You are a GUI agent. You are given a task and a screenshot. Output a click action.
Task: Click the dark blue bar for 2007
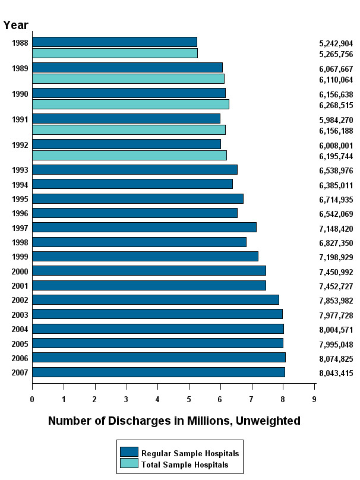(159, 372)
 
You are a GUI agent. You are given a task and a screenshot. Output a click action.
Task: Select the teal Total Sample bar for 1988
(115, 53)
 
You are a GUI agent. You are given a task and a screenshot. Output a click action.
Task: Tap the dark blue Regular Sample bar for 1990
(129, 93)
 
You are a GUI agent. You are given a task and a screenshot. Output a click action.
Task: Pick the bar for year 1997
(144, 227)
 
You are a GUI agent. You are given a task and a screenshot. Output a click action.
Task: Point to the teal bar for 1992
(130, 155)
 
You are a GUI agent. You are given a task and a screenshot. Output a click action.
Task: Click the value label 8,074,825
(336, 358)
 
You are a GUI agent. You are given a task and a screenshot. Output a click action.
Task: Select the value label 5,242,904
(336, 43)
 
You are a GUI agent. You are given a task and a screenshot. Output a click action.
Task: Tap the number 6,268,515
(336, 105)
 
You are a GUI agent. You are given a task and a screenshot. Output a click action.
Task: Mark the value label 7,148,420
(336, 228)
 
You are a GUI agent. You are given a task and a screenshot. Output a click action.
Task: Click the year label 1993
(20, 170)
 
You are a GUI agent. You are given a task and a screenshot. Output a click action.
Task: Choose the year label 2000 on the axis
(20, 271)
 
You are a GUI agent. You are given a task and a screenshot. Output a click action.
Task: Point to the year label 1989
(20, 68)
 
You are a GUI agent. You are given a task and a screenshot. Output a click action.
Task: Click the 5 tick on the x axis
(189, 399)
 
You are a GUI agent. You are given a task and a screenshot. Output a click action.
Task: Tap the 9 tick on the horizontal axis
(314, 399)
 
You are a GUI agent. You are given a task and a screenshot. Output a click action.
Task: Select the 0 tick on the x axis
(32, 399)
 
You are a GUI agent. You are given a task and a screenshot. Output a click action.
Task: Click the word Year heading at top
(15, 25)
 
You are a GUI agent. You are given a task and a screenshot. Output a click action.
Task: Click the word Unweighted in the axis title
(268, 421)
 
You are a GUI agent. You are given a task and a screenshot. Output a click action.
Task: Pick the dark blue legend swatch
(129, 452)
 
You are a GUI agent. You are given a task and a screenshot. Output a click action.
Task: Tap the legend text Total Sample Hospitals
(184, 465)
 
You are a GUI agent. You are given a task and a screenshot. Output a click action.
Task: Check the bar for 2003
(157, 314)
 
